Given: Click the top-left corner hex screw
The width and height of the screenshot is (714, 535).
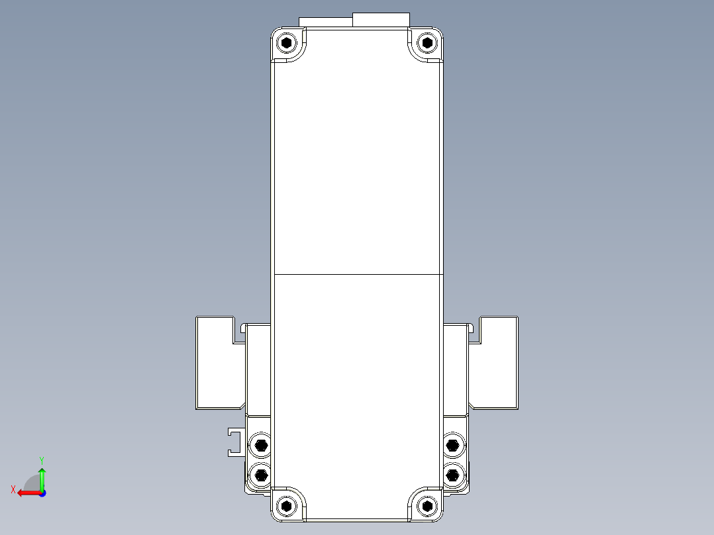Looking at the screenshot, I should pos(286,44).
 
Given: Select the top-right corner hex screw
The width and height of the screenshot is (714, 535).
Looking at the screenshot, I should pos(427,44).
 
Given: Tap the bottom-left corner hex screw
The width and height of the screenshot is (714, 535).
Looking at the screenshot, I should pos(286,507).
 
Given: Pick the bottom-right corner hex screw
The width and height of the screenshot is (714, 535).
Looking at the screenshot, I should pos(427,507).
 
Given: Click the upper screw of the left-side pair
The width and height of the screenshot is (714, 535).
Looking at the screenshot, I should pos(261,445).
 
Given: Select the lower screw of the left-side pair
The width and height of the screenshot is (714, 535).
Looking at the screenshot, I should pos(261,474).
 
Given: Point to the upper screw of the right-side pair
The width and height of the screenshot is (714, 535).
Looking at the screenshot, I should pos(452,444).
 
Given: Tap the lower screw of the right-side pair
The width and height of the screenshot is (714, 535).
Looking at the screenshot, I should pos(452,474).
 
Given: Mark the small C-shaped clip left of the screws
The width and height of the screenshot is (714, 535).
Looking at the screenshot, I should pos(233,442).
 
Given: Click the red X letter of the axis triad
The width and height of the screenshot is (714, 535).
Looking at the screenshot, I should pos(13,489).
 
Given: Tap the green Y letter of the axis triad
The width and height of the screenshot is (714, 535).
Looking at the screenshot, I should pos(42,459).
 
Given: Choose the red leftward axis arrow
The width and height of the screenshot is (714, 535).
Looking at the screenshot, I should pos(26,493).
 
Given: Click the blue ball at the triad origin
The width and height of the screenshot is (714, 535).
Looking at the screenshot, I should pos(42,493).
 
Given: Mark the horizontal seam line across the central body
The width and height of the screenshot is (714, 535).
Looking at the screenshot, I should pos(358,273).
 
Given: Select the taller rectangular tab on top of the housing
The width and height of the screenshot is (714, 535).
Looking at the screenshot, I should pos(381,20).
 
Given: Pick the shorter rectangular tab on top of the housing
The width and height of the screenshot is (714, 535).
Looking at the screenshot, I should pos(326,22).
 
